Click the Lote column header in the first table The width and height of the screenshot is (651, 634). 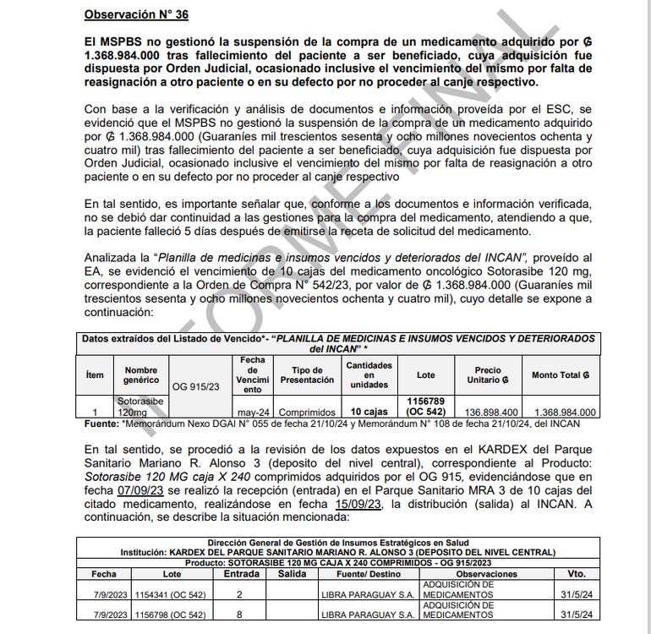(x=426, y=374)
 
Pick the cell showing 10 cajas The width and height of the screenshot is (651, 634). (x=368, y=412)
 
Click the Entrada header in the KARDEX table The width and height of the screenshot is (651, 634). (x=241, y=573)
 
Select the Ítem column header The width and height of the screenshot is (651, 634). (x=95, y=374)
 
